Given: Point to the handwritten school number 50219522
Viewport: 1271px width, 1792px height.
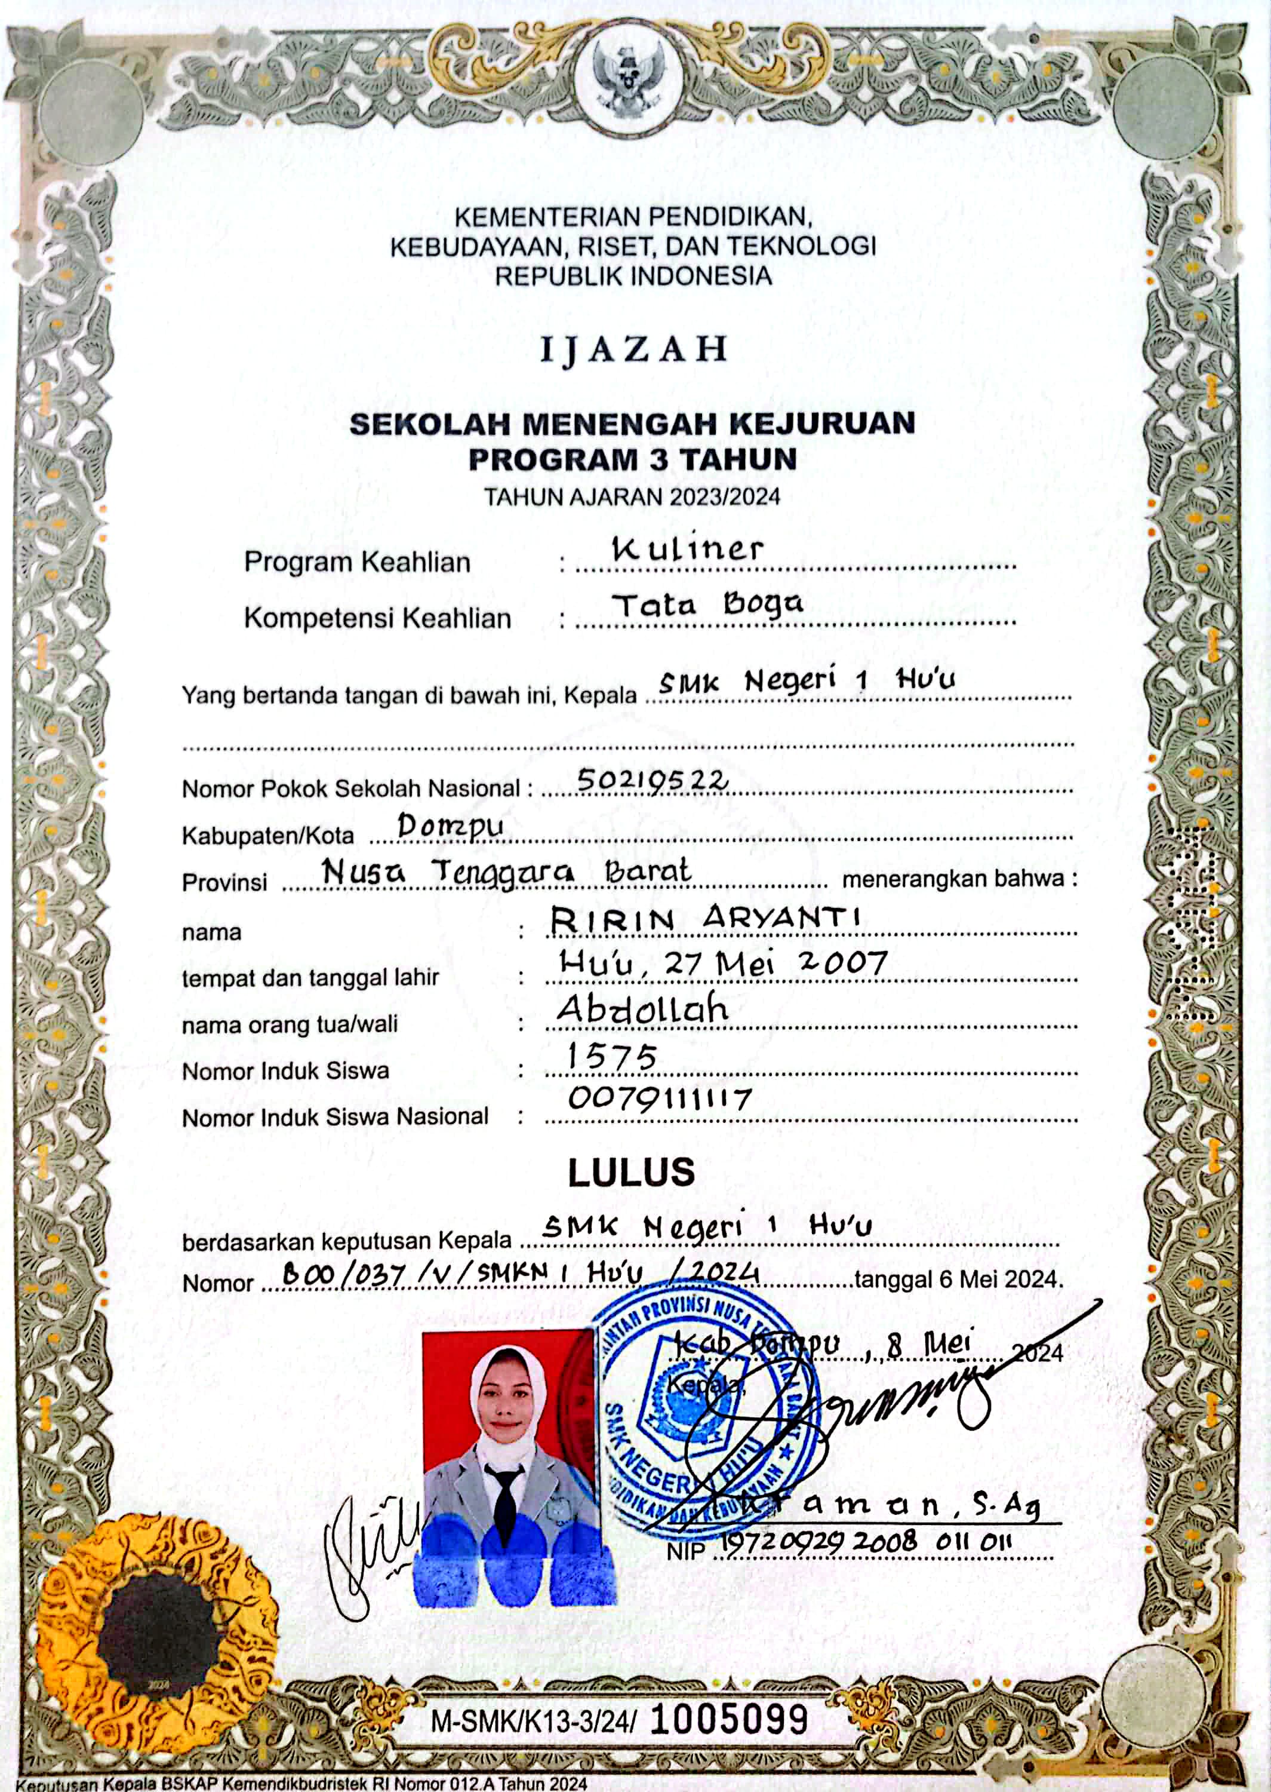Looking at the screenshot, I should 652,780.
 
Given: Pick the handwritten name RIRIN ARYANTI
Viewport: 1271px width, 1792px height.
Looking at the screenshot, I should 704,918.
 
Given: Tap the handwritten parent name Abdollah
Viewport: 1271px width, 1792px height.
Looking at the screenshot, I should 642,1009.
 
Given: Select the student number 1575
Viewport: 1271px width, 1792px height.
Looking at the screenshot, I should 611,1057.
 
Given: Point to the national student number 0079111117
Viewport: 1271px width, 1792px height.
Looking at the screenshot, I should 659,1099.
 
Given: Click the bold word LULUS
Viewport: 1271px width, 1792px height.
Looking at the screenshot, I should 631,1172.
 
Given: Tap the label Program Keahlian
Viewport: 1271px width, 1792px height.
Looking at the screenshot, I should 357,562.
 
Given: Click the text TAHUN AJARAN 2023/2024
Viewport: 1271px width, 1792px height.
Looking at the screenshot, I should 632,497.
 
